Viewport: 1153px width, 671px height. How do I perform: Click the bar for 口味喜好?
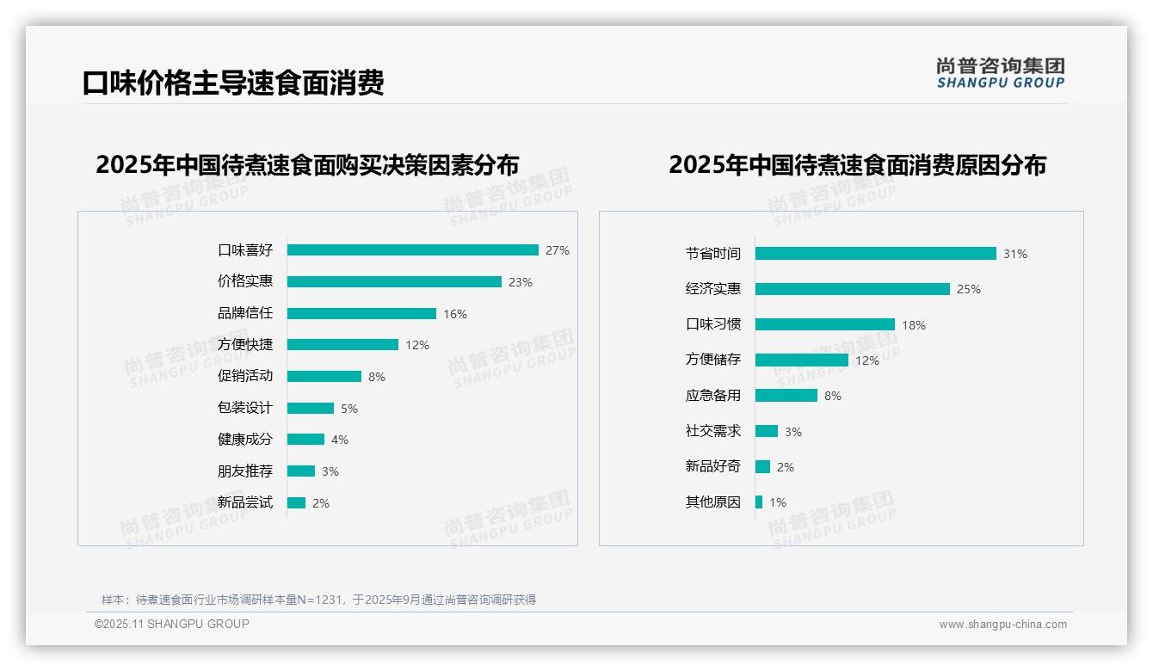[413, 250]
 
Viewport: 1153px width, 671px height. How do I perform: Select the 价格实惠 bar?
[394, 282]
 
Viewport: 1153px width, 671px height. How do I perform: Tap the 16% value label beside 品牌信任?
[455, 314]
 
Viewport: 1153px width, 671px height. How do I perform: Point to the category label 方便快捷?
[245, 345]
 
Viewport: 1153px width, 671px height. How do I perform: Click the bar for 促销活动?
[324, 377]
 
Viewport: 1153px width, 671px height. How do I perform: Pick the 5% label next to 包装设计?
[349, 409]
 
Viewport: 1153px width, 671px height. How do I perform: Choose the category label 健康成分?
[245, 440]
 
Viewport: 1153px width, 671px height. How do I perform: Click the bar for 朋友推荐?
[301, 471]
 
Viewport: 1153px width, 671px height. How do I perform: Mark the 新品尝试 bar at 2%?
[296, 503]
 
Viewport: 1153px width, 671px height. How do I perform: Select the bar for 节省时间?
[876, 254]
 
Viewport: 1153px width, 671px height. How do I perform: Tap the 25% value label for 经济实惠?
[969, 289]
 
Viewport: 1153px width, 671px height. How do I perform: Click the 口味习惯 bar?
[825, 325]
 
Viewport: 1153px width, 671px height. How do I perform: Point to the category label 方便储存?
[713, 360]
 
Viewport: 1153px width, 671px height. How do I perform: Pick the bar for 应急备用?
[786, 396]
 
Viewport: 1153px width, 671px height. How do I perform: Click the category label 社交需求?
[713, 431]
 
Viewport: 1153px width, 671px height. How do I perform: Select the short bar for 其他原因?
[759, 502]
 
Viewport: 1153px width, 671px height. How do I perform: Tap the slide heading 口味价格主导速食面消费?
[233, 83]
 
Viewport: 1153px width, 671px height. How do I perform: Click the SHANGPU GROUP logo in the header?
[1001, 73]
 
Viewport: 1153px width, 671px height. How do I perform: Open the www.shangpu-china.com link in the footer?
[1002, 625]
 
